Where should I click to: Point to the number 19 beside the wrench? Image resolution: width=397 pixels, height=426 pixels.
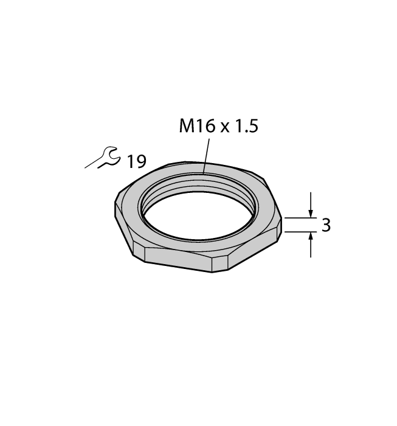[x=137, y=161]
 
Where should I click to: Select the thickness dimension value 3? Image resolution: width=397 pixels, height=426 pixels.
[x=326, y=225]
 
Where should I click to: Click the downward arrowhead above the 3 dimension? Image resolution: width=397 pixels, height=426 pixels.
[x=311, y=212]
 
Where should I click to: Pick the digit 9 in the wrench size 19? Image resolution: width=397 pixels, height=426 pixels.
[x=141, y=161]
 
